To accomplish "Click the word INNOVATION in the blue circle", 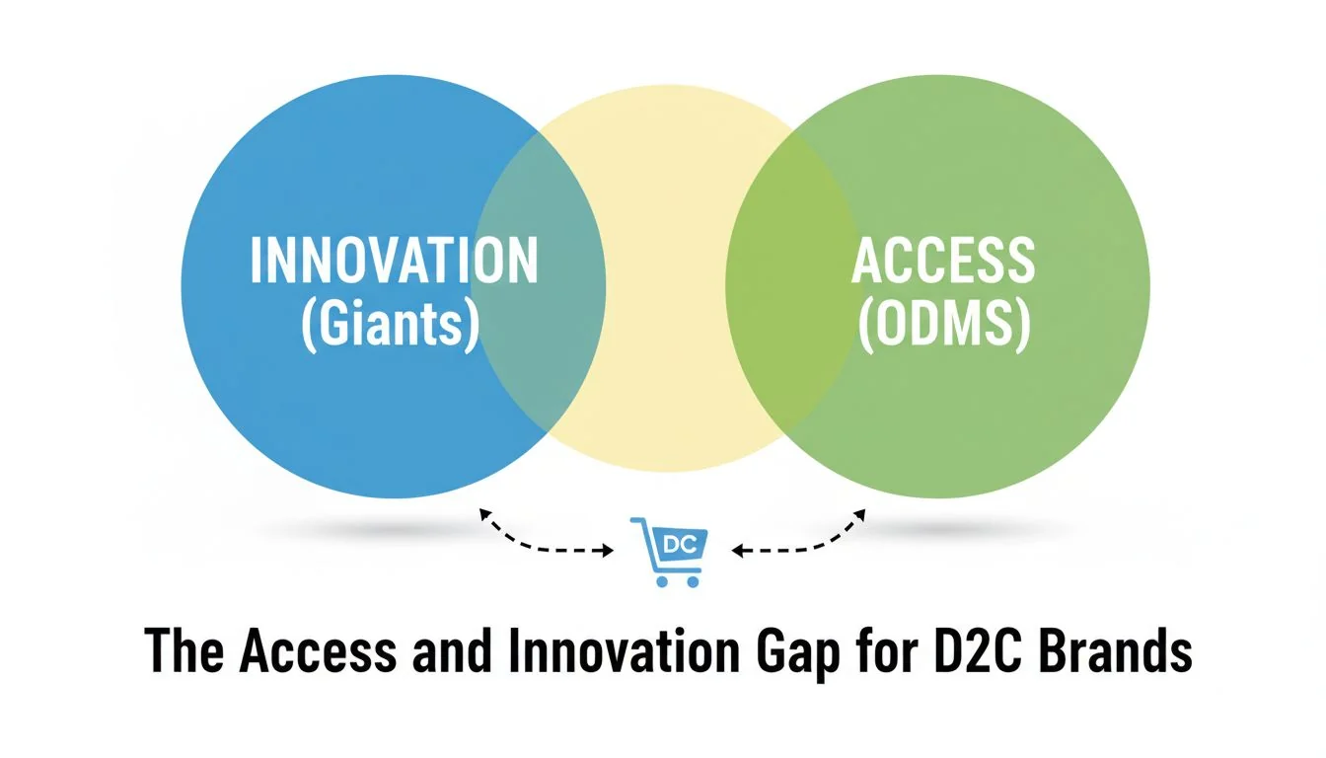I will [394, 260].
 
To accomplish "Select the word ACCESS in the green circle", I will [942, 260].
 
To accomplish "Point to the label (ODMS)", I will [944, 325].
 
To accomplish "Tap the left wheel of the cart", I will [661, 581].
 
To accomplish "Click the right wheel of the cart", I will [693, 581].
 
